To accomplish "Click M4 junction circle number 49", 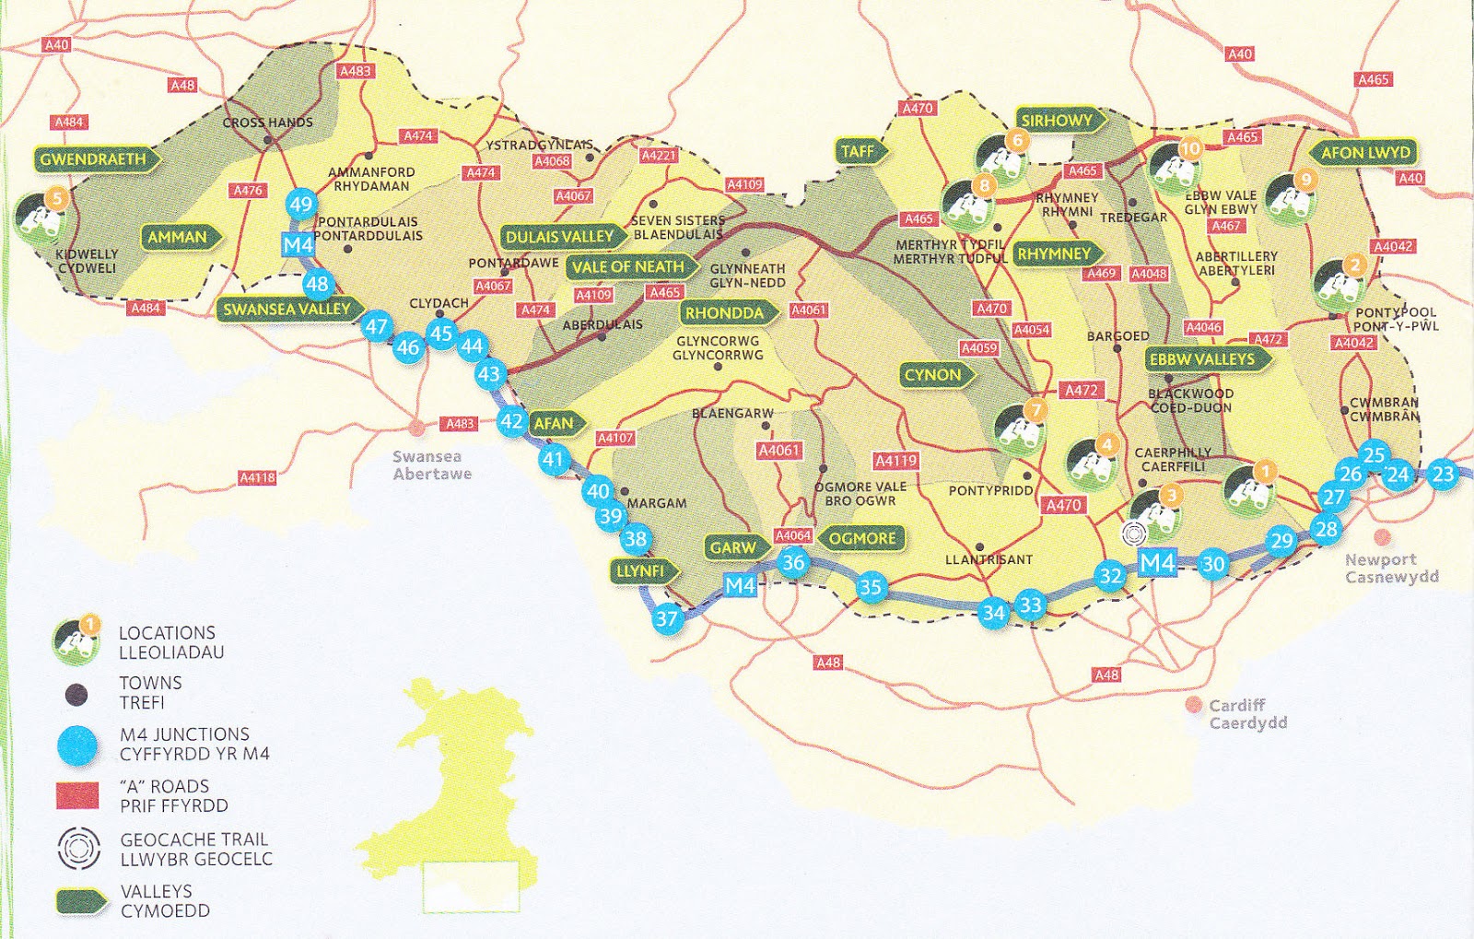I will pyautogui.click(x=301, y=205).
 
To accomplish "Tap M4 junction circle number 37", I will pyautogui.click(x=667, y=619).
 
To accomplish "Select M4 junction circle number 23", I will pyautogui.click(x=1443, y=475).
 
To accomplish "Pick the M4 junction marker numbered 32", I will pyautogui.click(x=1111, y=577).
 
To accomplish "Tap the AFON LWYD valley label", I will pyautogui.click(x=1364, y=153).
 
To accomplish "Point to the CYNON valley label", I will pyautogui.click(x=934, y=375).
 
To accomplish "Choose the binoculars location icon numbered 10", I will pyautogui.click(x=1173, y=166).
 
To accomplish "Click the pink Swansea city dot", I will pyautogui.click(x=417, y=428).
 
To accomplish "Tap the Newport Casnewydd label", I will pyautogui.click(x=1391, y=569).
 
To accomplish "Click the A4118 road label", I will pyautogui.click(x=257, y=477).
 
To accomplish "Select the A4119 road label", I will pyautogui.click(x=895, y=461).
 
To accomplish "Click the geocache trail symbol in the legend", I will pyautogui.click(x=78, y=848).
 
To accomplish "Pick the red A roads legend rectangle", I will pyautogui.click(x=77, y=795).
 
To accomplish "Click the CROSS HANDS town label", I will pyautogui.click(x=267, y=123).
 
